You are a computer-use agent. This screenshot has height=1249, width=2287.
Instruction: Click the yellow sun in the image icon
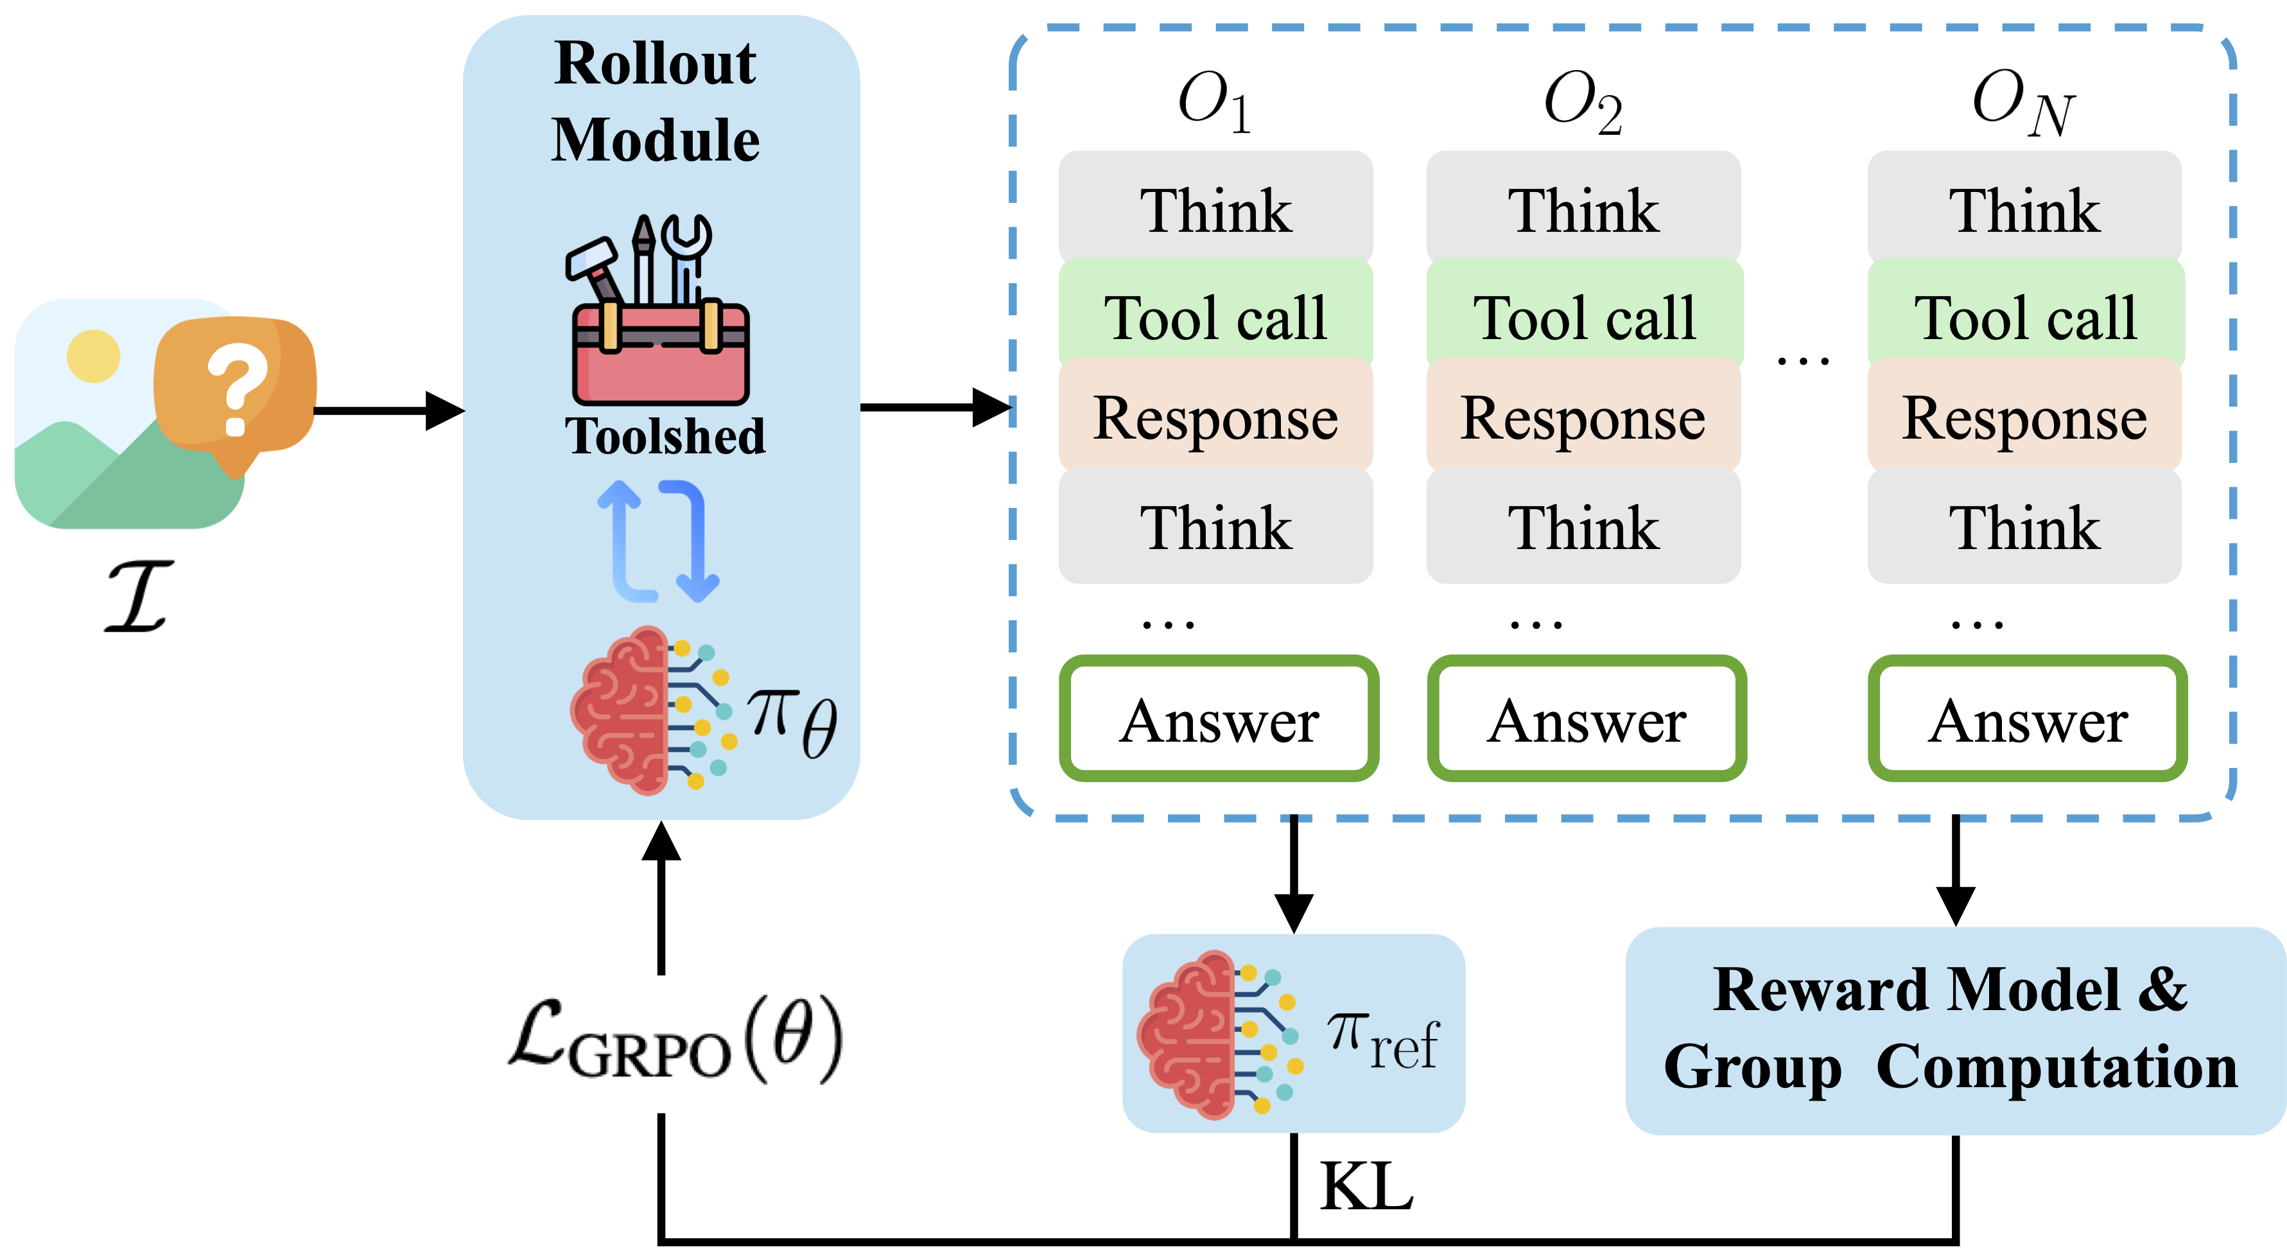point(93,356)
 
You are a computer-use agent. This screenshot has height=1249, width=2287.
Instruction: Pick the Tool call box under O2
point(1584,317)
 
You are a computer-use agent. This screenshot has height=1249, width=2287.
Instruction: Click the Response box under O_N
point(2024,417)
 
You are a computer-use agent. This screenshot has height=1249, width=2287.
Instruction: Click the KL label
point(1366,1187)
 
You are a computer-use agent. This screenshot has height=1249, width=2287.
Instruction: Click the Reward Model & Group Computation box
point(1953,1030)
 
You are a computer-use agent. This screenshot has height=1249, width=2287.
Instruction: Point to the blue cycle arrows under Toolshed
point(659,539)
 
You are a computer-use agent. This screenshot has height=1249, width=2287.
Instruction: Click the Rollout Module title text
point(655,101)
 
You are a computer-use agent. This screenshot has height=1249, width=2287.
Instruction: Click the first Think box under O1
point(1215,211)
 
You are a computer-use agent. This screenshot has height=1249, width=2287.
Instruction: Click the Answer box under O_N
point(2028,719)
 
